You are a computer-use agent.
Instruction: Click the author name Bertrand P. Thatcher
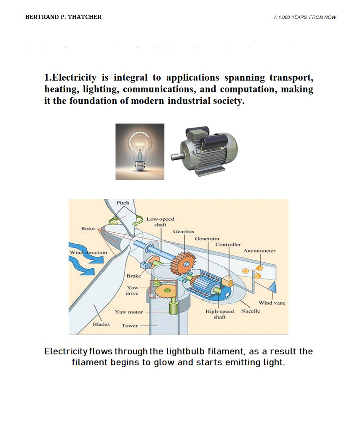tap(63, 17)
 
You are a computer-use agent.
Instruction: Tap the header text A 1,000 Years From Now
tap(305, 17)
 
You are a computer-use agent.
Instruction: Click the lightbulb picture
tap(140, 152)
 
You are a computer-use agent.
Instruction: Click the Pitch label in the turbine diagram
tap(123, 203)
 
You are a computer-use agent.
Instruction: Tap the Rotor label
tap(88, 229)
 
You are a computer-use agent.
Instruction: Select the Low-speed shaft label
tap(160, 222)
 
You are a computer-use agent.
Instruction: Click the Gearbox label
tap(184, 232)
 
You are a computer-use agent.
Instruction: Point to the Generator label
tap(207, 239)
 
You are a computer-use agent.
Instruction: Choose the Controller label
tap(228, 245)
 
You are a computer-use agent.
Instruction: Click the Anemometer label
tap(259, 251)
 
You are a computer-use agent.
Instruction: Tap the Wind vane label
tap(272, 303)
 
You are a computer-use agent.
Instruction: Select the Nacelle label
tap(251, 311)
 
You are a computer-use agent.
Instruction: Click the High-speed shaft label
tap(219, 314)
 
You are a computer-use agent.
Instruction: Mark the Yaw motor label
tap(129, 312)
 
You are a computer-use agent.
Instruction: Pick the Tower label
tap(130, 326)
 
